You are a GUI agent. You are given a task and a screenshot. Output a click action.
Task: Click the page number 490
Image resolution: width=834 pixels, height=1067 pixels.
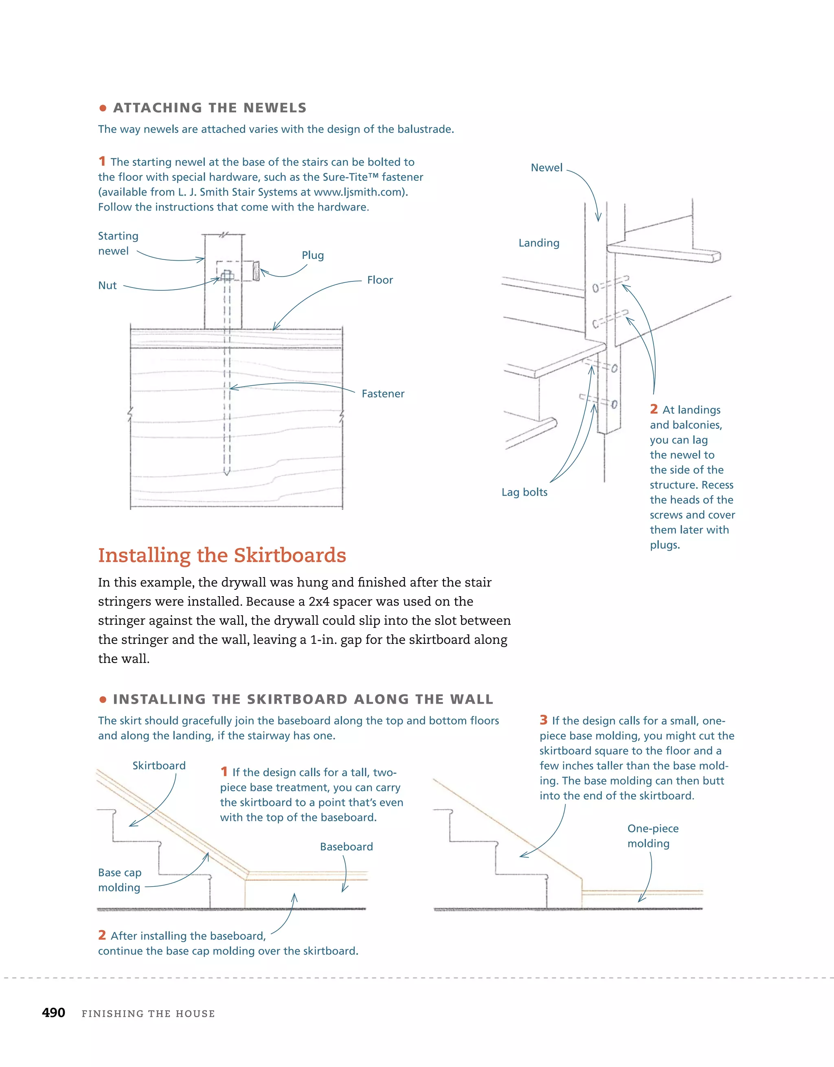click(53, 1012)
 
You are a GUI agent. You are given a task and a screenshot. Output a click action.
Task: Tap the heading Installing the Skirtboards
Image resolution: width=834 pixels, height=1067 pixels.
click(222, 555)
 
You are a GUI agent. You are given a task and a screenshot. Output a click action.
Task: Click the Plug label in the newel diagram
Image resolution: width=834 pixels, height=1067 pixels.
click(313, 255)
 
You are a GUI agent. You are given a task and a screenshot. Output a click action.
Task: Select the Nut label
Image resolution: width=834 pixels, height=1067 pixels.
click(108, 286)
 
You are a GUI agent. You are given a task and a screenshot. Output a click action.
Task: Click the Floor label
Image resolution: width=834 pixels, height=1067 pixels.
click(380, 280)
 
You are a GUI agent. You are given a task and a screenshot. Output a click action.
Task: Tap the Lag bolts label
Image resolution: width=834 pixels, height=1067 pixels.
click(524, 492)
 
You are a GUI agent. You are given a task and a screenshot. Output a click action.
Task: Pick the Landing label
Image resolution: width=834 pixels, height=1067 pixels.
click(539, 243)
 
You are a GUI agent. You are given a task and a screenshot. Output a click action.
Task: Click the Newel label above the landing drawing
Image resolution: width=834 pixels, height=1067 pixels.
click(547, 167)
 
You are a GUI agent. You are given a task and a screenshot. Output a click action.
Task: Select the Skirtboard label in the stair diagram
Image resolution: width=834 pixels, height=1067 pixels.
click(159, 766)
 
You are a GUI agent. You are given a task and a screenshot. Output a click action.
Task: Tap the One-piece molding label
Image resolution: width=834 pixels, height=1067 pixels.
click(652, 836)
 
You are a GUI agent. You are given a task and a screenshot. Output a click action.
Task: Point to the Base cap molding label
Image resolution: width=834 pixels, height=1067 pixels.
click(120, 880)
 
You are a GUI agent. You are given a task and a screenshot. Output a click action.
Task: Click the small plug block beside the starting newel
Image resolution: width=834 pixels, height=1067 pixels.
click(255, 271)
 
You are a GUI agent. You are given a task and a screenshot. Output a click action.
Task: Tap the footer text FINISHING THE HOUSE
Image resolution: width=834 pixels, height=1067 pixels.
click(148, 1014)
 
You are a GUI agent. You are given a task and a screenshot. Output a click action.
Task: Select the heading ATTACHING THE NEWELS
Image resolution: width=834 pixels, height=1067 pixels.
click(210, 108)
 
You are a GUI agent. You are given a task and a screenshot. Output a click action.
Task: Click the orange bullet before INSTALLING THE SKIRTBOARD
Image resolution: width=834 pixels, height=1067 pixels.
click(103, 700)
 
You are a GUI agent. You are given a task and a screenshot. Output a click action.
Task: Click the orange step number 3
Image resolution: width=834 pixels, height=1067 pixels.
click(543, 720)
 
